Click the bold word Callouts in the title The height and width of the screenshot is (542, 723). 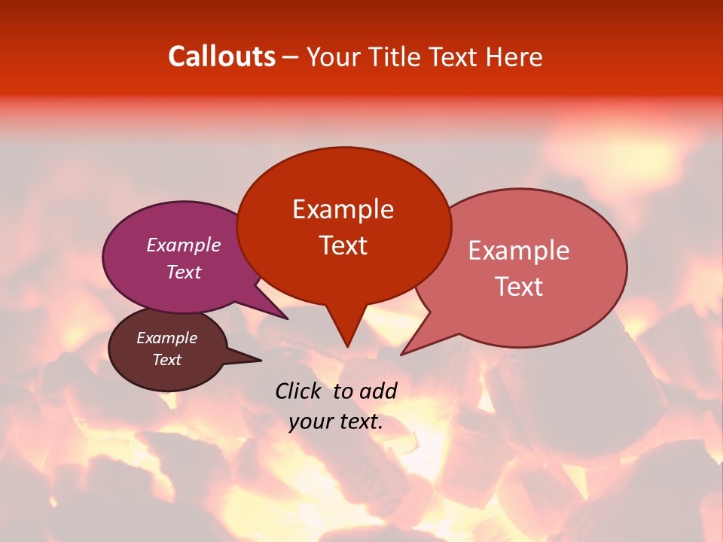pos(221,56)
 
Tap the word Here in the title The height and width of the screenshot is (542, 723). pos(515,56)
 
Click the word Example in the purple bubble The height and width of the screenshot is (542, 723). pos(183,245)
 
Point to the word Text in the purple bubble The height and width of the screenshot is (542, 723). pos(183,272)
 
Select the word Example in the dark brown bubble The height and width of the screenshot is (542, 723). pos(166,338)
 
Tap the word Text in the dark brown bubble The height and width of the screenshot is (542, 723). pos(166,360)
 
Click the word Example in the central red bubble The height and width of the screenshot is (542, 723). pos(343,209)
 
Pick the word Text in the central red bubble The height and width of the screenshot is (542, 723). pos(343,245)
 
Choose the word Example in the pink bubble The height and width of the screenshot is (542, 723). pos(518,251)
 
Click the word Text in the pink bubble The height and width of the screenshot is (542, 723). pos(520,287)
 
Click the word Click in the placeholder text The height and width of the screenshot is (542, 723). pos(299,391)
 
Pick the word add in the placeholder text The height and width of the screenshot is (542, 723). pos(379,391)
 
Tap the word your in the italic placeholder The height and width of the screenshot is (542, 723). pos(311,422)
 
